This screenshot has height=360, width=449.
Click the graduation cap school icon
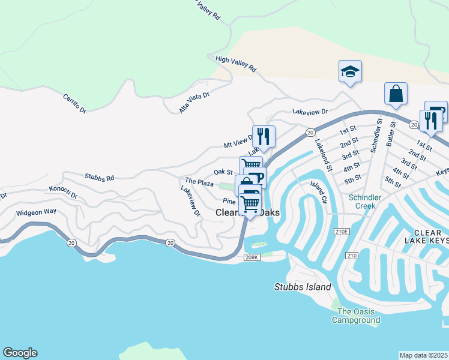pyautogui.click(x=349, y=72)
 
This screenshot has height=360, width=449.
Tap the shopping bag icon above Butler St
pyautogui.click(x=396, y=94)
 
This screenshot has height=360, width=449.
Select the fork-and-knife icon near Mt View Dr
pyautogui.click(x=263, y=135)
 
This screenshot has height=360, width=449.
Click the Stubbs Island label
pyautogui.click(x=303, y=287)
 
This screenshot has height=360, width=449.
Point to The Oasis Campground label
pyautogui.click(x=358, y=316)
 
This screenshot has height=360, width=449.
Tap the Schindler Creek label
pyautogui.click(x=361, y=201)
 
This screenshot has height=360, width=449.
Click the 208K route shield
pyautogui.click(x=251, y=257)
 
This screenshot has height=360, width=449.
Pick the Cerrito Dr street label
pyautogui.click(x=74, y=103)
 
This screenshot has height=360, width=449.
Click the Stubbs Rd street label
pyautogui.click(x=99, y=178)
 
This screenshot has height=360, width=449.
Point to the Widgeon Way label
pyautogui.click(x=36, y=212)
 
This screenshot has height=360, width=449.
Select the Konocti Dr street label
pyautogui.click(x=63, y=189)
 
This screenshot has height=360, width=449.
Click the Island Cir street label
pyautogui.click(x=318, y=191)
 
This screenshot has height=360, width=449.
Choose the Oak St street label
pyautogui.click(x=223, y=172)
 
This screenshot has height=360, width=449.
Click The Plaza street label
pyautogui.click(x=199, y=181)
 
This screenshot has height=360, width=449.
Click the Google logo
pyautogui.click(x=20, y=353)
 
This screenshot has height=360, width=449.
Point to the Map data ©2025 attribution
pyautogui.click(x=424, y=355)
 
